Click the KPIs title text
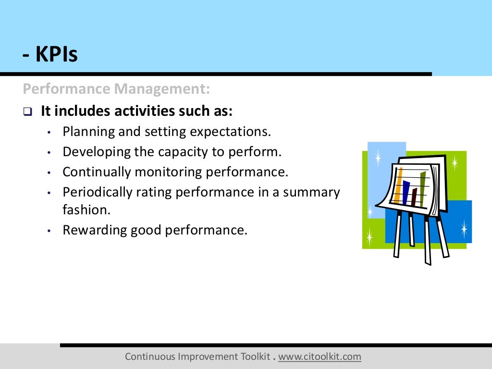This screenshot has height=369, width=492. click(49, 55)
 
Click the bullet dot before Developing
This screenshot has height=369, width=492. click(49, 153)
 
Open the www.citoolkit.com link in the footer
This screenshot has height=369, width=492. click(320, 357)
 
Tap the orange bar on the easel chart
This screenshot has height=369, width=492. click(398, 185)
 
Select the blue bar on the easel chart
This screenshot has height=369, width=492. click(406, 193)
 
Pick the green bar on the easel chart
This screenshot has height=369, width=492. click(423, 189)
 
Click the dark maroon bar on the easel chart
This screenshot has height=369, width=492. click(415, 197)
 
